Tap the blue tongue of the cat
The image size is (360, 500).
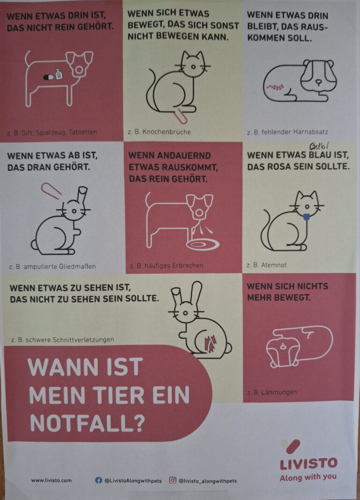click(x=306, y=217)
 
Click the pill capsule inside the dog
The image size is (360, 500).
click(x=49, y=77)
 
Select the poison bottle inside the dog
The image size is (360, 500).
click(x=59, y=74)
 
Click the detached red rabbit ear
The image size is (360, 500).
click(x=51, y=191)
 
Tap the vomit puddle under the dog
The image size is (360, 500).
click(x=203, y=244)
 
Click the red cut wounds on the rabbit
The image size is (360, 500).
click(x=210, y=343)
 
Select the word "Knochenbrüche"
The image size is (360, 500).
click(x=166, y=132)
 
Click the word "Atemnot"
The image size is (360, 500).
click(x=274, y=265)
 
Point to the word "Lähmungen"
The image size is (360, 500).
click(x=279, y=392)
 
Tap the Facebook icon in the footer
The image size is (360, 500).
click(x=99, y=480)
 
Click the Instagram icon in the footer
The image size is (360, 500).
click(x=172, y=480)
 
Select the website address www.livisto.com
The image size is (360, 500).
click(x=51, y=480)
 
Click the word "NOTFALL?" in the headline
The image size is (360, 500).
click(x=88, y=423)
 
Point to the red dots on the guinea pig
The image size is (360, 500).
click(x=275, y=87)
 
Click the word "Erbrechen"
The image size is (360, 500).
click(x=187, y=265)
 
